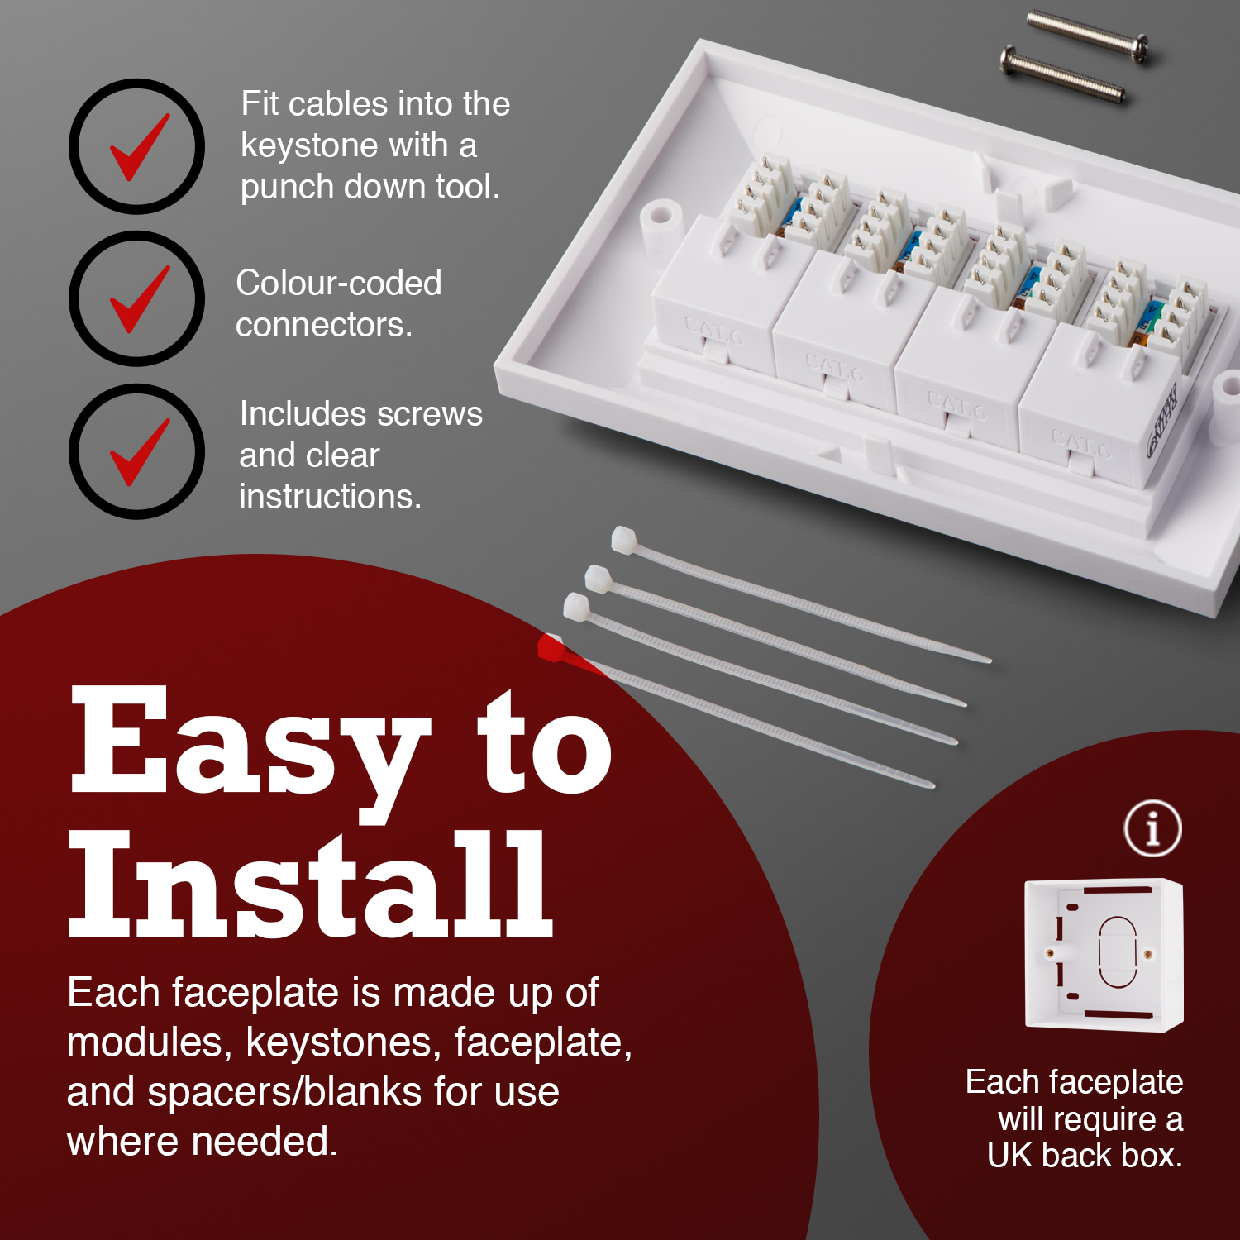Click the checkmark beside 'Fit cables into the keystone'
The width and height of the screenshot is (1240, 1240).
[x=138, y=146]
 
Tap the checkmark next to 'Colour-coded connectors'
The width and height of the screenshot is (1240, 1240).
[x=138, y=298]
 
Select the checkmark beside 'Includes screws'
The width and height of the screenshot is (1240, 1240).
[x=138, y=451]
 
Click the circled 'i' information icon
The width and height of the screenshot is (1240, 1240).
[x=1152, y=827]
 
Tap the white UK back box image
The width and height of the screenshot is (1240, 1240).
[x=1104, y=955]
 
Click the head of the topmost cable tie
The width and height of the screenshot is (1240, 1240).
[x=623, y=540]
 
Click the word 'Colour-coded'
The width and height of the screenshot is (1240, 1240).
[x=338, y=283]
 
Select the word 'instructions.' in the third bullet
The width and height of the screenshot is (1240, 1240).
[x=330, y=496]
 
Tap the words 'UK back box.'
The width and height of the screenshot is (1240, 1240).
[x=1085, y=1155]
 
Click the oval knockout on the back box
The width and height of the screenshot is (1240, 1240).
[x=1117, y=952]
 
